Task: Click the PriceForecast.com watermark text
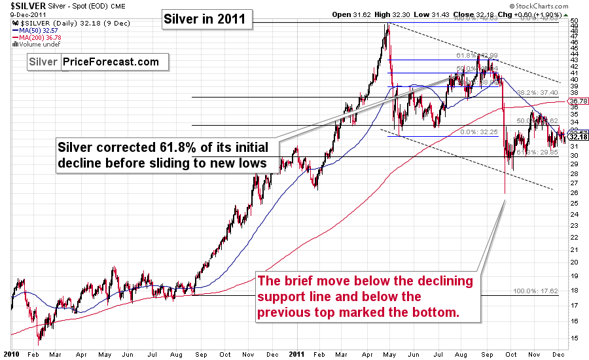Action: (111, 62)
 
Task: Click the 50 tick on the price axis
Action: (574, 22)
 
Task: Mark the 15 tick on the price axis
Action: (574, 338)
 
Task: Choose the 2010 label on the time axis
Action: (12, 353)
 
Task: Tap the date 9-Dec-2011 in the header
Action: (23, 14)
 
